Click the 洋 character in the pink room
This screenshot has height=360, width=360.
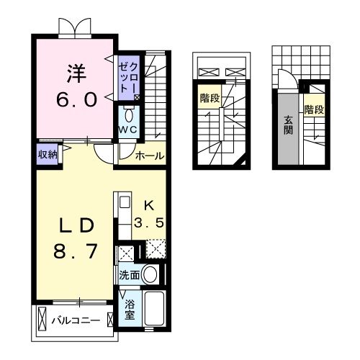point(77,72)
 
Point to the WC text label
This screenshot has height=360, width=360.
point(129,129)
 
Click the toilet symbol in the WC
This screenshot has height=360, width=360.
point(129,114)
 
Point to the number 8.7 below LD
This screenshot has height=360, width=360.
point(77,253)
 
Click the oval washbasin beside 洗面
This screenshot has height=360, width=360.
point(150,274)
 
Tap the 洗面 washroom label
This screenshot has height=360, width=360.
point(130,274)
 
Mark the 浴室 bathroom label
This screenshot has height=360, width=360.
point(130,309)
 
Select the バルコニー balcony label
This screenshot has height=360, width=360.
point(76,320)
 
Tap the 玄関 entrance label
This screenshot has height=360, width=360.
point(288,127)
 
